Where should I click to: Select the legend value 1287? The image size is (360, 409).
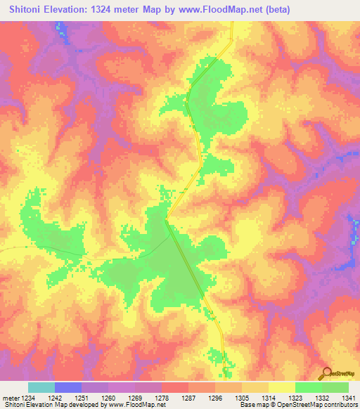coord(188,398)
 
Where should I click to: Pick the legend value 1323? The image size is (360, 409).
coord(295,398)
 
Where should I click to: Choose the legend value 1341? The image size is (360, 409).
coord(348,398)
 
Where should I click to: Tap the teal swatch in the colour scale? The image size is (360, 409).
coord(41,388)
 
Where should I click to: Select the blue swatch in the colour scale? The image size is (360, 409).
coord(68,388)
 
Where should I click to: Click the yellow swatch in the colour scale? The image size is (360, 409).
coord(281,388)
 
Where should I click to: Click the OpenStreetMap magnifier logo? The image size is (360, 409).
coord(327,373)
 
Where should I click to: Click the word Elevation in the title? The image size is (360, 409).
coord(70,10)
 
